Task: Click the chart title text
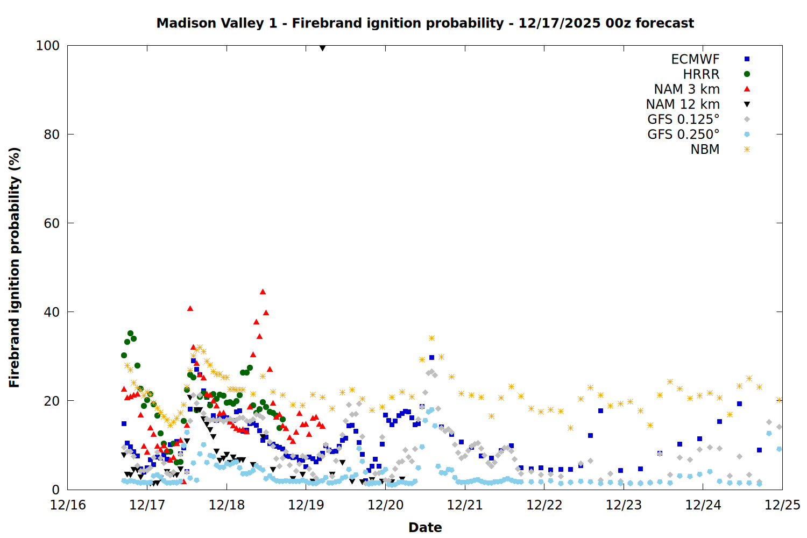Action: [425, 23]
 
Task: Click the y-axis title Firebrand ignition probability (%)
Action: [15, 267]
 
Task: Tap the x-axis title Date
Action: [425, 527]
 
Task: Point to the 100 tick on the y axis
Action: [48, 46]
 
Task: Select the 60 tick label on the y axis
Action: [51, 223]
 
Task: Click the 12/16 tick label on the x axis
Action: [68, 505]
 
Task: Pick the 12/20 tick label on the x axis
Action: [385, 505]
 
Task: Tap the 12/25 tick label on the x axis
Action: [782, 505]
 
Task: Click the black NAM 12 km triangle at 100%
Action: [322, 48]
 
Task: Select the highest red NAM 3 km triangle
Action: [263, 292]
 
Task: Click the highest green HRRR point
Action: [130, 334]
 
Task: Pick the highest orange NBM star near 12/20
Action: [431, 338]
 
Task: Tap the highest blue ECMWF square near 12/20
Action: [431, 357]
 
